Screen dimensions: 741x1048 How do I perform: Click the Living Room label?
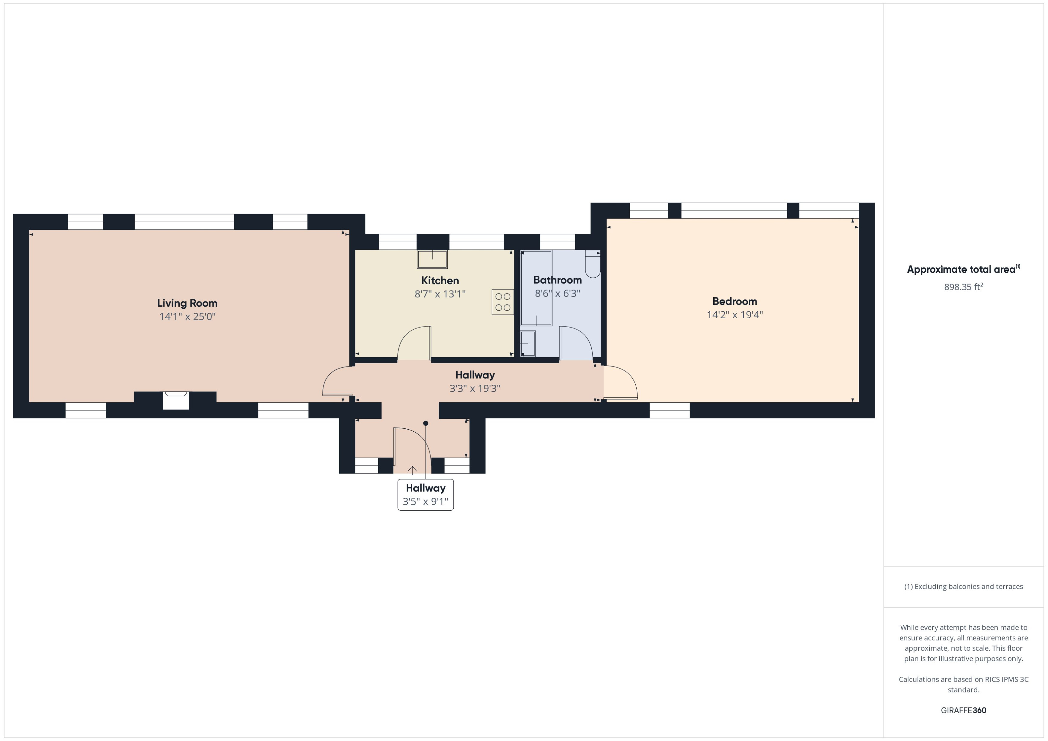(187, 303)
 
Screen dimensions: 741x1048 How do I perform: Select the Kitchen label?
(440, 281)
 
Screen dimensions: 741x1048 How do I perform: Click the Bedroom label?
(734, 301)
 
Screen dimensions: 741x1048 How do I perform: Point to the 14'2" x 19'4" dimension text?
(734, 315)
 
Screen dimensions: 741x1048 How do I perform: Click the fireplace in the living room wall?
(176, 400)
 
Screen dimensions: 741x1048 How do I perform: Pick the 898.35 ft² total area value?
(963, 287)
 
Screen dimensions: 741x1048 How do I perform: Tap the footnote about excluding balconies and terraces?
(963, 587)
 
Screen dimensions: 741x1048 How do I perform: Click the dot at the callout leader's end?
(425, 423)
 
